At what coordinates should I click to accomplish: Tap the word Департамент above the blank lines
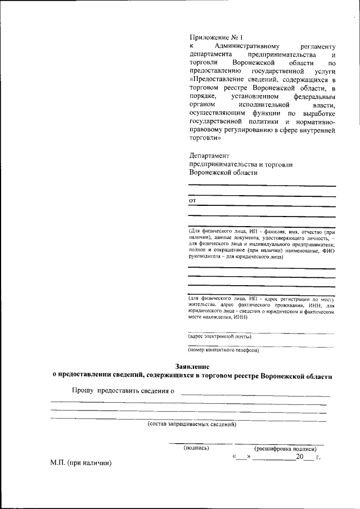(x=209, y=155)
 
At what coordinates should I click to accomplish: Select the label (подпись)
(x=196, y=448)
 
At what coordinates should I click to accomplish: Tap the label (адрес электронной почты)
(x=219, y=336)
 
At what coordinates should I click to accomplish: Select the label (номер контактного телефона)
(x=223, y=350)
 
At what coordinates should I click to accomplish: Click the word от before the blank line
(x=192, y=200)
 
